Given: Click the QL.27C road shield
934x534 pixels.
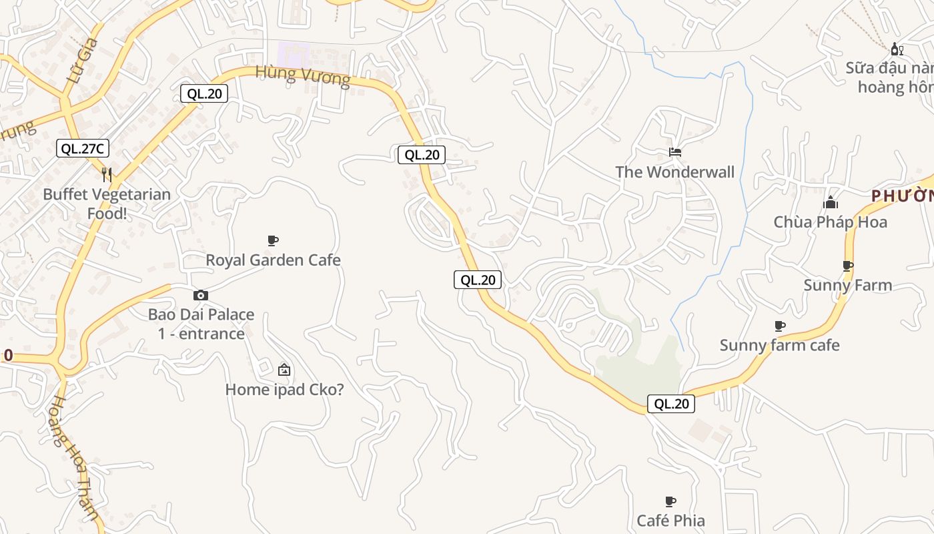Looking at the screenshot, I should (83, 149).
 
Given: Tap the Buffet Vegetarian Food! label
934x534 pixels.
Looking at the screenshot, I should (107, 204).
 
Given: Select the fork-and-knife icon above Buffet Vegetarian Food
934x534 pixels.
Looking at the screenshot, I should (107, 175).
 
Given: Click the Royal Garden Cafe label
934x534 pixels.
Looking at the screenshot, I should (273, 260).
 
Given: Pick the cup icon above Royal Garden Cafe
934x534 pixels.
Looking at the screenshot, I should (272, 240).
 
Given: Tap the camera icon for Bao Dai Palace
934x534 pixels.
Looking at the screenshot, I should (201, 295).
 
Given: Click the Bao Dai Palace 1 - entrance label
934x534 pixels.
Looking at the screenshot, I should (201, 324).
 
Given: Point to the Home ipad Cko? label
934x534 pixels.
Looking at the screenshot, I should (285, 389).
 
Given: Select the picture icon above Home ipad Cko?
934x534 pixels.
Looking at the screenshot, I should (284, 369).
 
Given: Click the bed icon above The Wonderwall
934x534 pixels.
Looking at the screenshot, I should (675, 152).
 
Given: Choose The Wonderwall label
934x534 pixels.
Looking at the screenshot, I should (674, 172).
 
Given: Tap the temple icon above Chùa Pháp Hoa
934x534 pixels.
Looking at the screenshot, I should (831, 202).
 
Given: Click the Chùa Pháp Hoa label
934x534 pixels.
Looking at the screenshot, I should (831, 222).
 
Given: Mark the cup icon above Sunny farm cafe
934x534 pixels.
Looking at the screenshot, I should (779, 326).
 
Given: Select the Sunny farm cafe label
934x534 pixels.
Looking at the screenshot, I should (779, 346).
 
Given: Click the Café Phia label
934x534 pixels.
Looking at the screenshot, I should (670, 521).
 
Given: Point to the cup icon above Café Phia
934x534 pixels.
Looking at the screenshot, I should (670, 501).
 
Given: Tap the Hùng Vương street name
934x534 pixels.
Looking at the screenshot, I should (303, 75).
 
